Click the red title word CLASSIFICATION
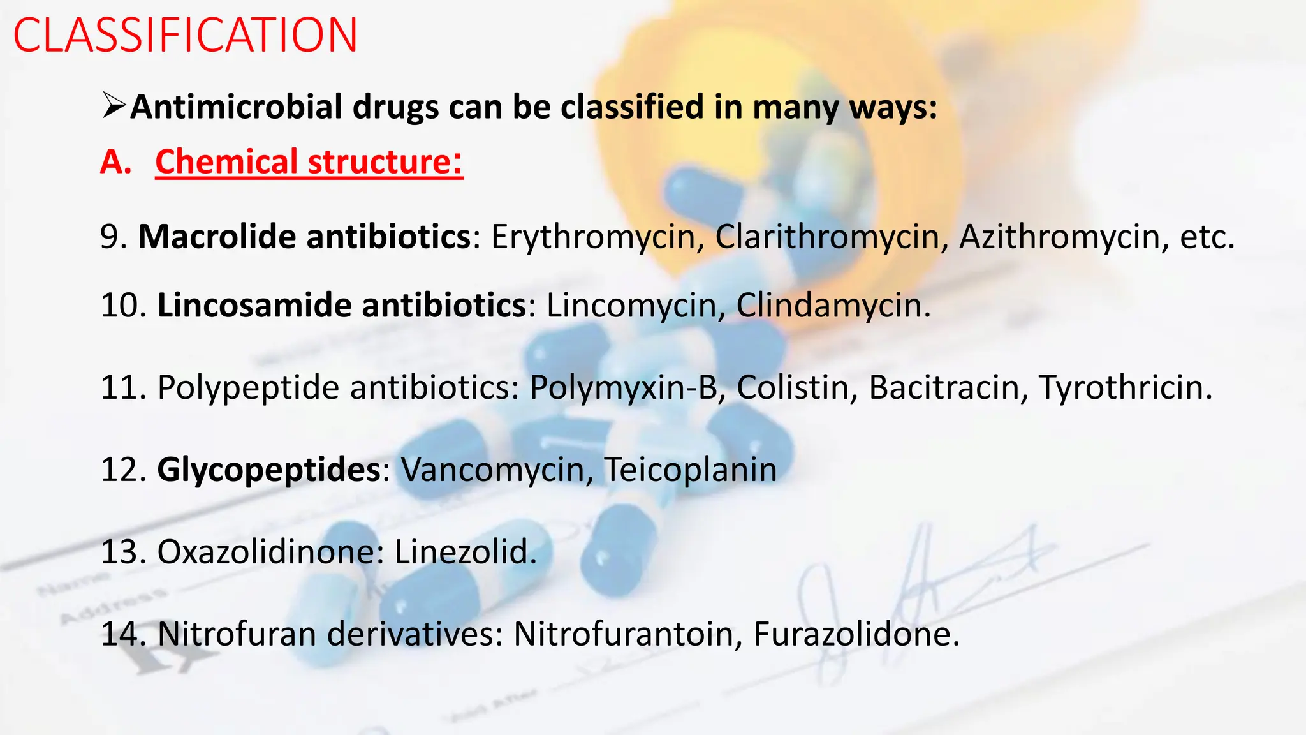tap(185, 36)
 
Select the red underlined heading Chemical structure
tap(309, 161)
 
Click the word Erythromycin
tap(597, 237)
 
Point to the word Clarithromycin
tap(827, 237)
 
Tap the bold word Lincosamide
tap(254, 305)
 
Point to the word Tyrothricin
tap(1125, 388)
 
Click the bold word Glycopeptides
tap(268, 470)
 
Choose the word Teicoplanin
tap(690, 470)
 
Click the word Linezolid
tap(465, 552)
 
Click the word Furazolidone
tap(856, 634)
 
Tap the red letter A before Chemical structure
tap(115, 162)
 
